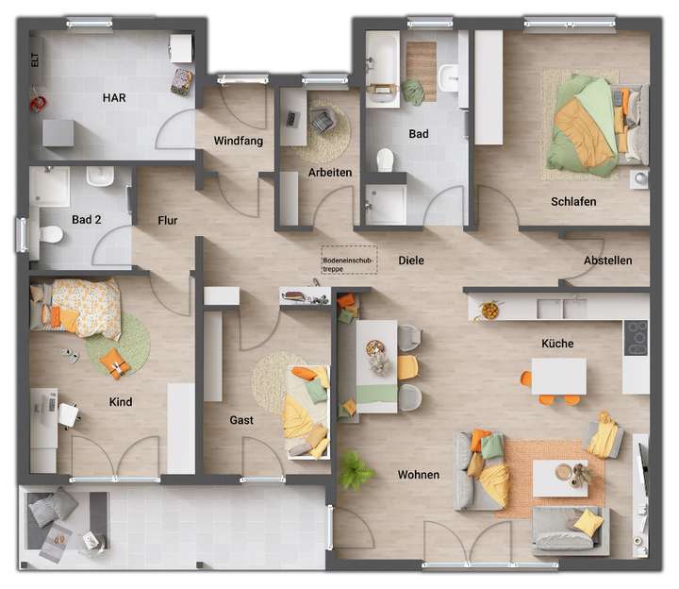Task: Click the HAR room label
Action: point(115,97)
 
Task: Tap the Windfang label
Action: point(238,141)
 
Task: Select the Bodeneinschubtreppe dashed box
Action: point(349,261)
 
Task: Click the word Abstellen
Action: point(607,261)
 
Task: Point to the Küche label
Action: point(557,344)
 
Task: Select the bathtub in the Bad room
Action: point(383,64)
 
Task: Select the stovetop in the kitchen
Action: point(637,335)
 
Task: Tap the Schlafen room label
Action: point(573,201)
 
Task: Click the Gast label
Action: point(241,420)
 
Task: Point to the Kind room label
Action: point(121,402)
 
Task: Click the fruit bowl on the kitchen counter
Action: point(490,309)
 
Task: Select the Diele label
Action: point(411,260)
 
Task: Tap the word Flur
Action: point(168,221)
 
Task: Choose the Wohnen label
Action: point(418,475)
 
